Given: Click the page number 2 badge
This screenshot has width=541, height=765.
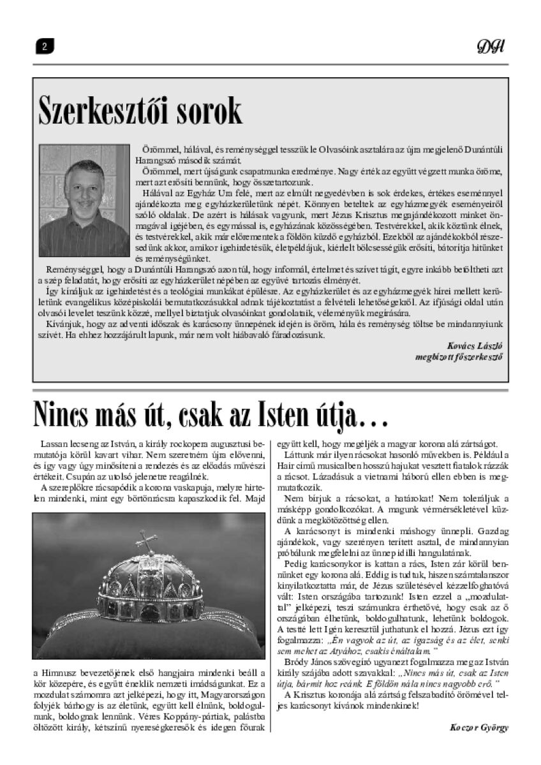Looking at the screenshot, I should [45, 47].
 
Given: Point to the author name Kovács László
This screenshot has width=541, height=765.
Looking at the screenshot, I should [475, 345].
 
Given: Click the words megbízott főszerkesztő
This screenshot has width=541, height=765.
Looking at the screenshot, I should [458, 356].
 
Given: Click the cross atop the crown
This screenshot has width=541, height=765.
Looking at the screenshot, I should [147, 541].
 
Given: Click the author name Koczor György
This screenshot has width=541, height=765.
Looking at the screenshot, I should [479, 727].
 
